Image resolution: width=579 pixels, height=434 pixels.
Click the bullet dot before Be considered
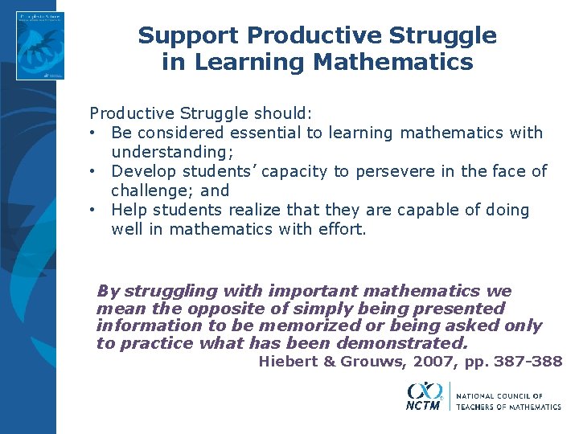(94, 133)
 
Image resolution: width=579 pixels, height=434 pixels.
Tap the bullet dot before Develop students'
(94, 171)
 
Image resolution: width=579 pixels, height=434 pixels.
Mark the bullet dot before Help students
(94, 210)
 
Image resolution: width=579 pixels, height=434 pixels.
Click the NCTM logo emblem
(424, 395)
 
